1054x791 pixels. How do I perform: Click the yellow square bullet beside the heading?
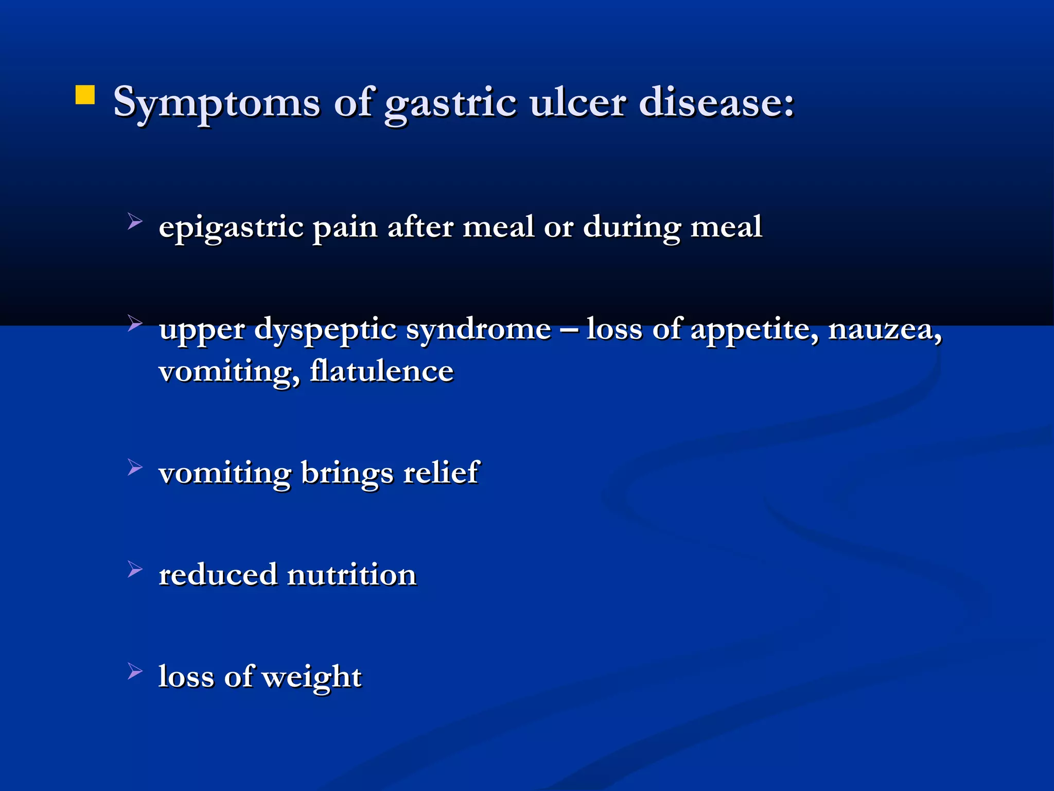(x=85, y=95)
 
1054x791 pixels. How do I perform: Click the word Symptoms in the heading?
(x=217, y=103)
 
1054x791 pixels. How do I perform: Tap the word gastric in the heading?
(x=450, y=103)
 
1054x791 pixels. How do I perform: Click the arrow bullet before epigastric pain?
(x=135, y=222)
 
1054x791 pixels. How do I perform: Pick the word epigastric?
(x=231, y=228)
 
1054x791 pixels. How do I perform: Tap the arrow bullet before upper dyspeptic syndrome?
(x=135, y=323)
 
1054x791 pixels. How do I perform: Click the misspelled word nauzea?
(x=885, y=330)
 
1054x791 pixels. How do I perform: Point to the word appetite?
(x=754, y=330)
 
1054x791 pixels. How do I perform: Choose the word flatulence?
(x=381, y=371)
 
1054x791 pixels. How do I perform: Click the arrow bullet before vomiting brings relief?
(x=135, y=468)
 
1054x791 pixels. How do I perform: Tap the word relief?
(x=441, y=472)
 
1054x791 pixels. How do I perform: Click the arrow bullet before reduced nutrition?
(x=135, y=569)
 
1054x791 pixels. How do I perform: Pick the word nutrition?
(x=352, y=575)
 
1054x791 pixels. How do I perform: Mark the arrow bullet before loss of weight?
(x=135, y=671)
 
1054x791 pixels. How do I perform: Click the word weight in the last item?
(x=312, y=677)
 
